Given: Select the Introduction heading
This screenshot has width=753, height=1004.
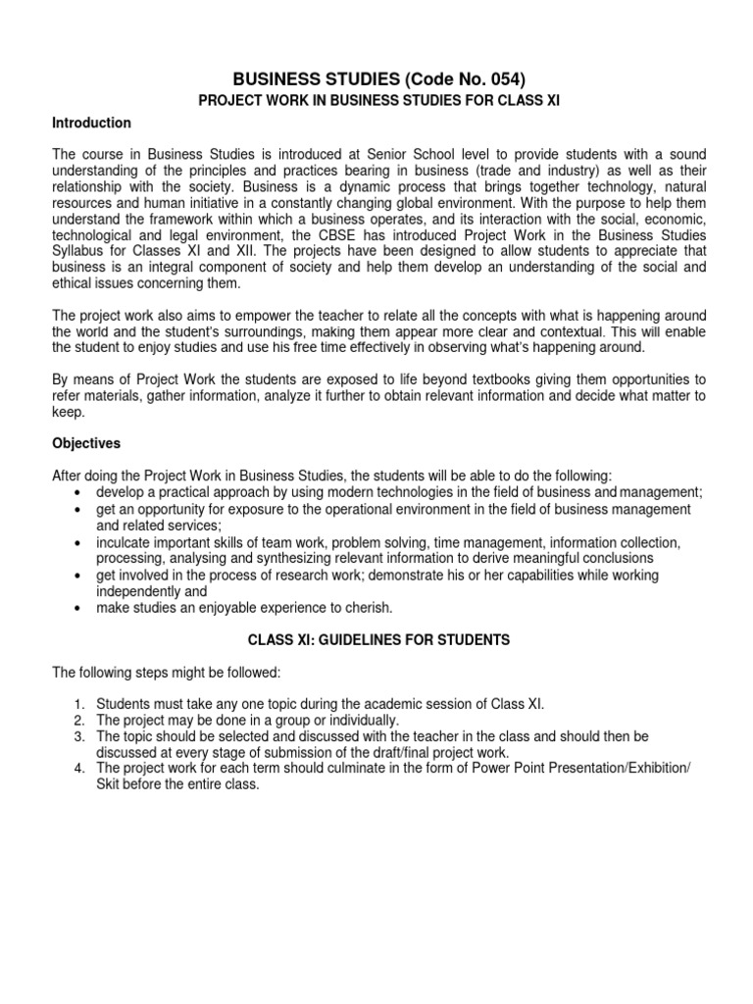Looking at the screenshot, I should click(x=91, y=124).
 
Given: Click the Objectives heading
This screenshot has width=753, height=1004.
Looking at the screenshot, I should click(x=86, y=443).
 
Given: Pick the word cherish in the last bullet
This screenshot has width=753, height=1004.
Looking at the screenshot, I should click(x=369, y=607).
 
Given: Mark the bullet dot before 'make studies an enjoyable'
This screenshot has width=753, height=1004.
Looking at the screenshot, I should click(x=76, y=608).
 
